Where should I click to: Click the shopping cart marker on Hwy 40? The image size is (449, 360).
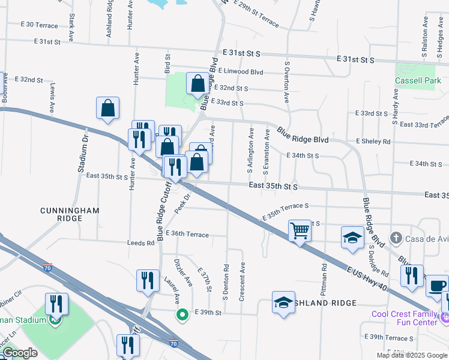point(300,230)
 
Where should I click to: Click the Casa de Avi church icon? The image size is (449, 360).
point(396,238)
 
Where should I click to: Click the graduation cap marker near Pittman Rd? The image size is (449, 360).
point(352,237)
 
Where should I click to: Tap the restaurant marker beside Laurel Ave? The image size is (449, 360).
point(148,280)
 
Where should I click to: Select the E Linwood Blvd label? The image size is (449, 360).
point(241,71)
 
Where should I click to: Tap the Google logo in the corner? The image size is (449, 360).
point(20,353)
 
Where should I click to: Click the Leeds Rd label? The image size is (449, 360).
point(140,243)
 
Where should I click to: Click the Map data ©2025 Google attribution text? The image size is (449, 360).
point(411,355)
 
